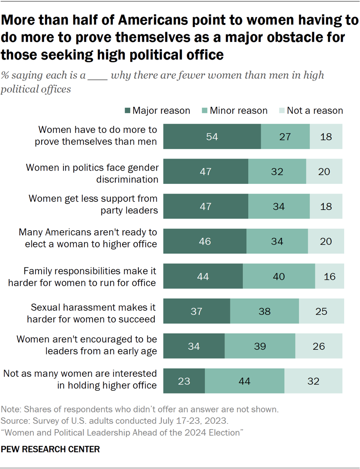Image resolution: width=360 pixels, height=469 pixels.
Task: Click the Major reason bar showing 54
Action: pyautogui.click(x=212, y=137)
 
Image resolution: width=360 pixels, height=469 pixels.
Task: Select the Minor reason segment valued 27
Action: pyautogui.click(x=285, y=137)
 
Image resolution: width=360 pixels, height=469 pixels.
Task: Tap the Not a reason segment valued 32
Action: pyautogui.click(x=313, y=381)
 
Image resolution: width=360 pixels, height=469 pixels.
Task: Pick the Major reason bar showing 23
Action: pyautogui.click(x=184, y=381)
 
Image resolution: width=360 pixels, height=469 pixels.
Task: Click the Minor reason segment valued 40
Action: pyautogui.click(x=279, y=276)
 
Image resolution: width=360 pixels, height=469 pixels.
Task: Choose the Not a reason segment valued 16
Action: pyautogui.click(x=329, y=276)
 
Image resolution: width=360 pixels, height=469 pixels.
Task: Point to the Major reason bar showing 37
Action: pyautogui.click(x=197, y=311)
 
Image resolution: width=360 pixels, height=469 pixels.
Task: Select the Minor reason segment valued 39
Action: pyautogui.click(x=260, y=346)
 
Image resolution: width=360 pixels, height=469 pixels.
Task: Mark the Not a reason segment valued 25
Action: pyautogui.click(x=321, y=311)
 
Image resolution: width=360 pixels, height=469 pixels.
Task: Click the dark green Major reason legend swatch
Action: pyautogui.click(x=127, y=111)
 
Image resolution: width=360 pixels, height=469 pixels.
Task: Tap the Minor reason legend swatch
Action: pyautogui.click(x=204, y=111)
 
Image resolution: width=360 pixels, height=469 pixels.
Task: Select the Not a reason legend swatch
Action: pyautogui.click(x=282, y=111)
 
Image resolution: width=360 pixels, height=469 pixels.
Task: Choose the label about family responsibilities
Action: pyautogui.click(x=90, y=277)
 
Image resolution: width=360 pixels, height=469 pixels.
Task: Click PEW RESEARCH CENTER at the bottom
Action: pyautogui.click(x=51, y=449)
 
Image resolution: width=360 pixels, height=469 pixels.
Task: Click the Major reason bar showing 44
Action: pyautogui.click(x=203, y=276)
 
